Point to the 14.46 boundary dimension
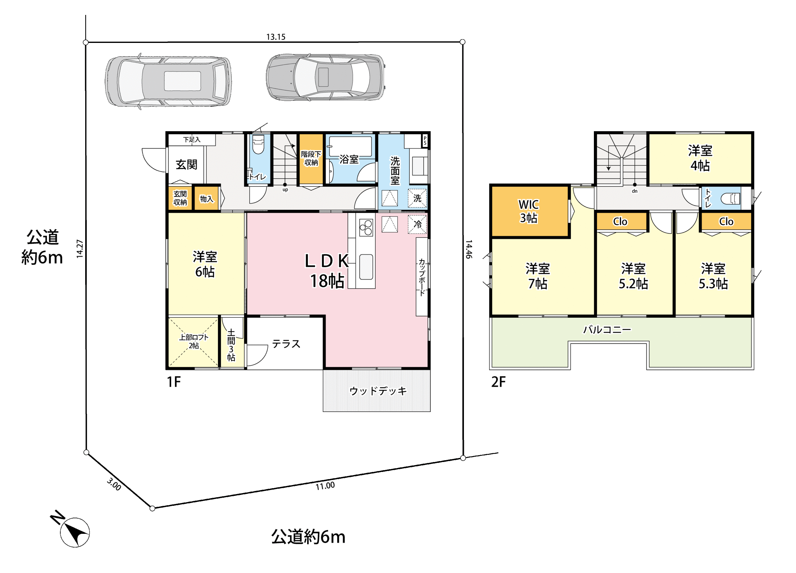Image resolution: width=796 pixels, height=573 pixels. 469,249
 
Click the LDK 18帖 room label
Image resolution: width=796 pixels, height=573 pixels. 327,271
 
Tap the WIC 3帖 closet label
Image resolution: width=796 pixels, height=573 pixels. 529,211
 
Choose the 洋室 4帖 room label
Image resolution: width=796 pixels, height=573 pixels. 700,158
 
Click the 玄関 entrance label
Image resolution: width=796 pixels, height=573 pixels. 186,164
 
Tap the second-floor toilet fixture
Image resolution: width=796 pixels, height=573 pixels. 730,199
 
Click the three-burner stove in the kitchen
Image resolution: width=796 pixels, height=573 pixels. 366,227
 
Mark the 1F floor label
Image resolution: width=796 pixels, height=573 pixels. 174,382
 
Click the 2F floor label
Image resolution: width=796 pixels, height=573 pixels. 498,382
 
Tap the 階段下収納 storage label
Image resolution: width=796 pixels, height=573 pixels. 311,158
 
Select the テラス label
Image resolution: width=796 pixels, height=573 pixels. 286,344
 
